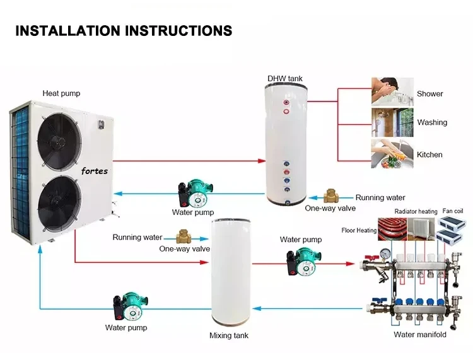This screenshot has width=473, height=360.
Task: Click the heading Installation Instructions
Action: point(124,30)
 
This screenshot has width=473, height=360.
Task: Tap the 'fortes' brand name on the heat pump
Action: point(95,171)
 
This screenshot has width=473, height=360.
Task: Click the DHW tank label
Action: point(284,79)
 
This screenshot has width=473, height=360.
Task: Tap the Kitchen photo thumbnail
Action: point(392,153)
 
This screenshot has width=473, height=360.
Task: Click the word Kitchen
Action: point(429,154)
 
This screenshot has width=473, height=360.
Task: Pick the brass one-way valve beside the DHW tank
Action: point(331,197)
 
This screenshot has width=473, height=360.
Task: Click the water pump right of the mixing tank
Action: point(301,260)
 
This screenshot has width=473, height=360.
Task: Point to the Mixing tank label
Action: point(229,335)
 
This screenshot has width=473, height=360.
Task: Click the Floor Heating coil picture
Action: point(393,229)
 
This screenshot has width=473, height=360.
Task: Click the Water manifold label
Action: point(420,335)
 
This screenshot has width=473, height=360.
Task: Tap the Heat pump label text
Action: point(61,93)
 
